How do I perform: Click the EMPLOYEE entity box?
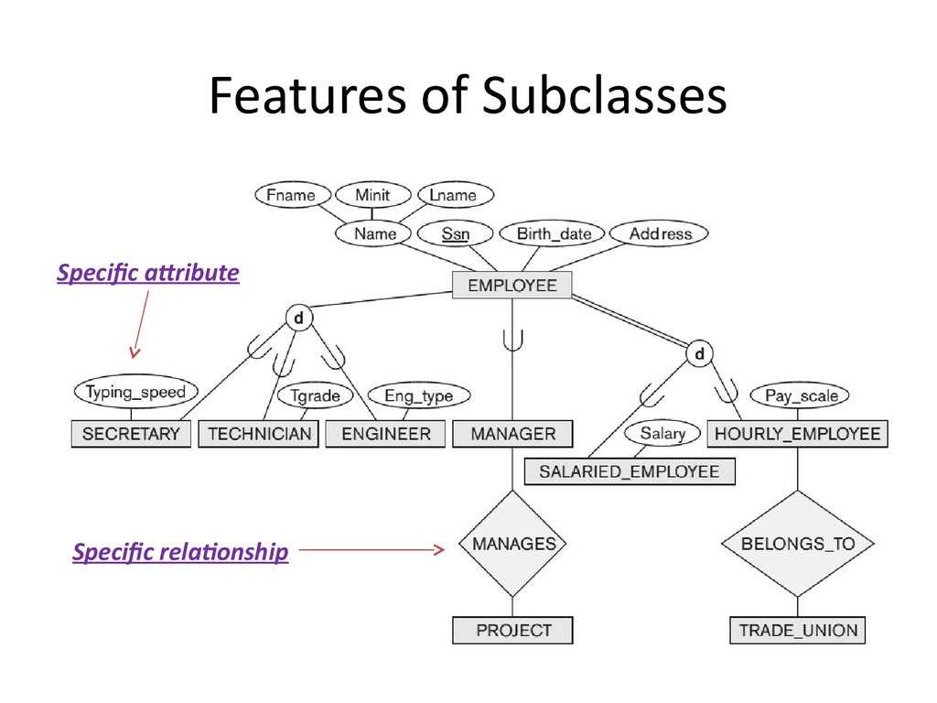pyautogui.click(x=512, y=286)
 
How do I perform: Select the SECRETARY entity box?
pyautogui.click(x=131, y=434)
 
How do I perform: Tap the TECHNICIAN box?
pyautogui.click(x=260, y=434)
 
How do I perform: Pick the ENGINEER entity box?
pyautogui.click(x=385, y=434)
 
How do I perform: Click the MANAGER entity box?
pyautogui.click(x=512, y=434)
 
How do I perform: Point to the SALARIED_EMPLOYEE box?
pyautogui.click(x=629, y=472)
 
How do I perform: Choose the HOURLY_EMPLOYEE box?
pyautogui.click(x=796, y=434)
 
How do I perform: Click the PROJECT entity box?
pyautogui.click(x=512, y=630)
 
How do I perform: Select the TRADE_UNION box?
pyautogui.click(x=797, y=630)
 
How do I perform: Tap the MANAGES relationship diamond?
pyautogui.click(x=512, y=544)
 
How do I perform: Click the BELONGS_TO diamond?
pyautogui.click(x=797, y=544)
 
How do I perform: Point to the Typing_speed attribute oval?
pyautogui.click(x=135, y=393)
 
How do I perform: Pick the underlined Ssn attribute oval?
pyautogui.click(x=455, y=234)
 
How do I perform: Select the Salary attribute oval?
pyautogui.click(x=662, y=433)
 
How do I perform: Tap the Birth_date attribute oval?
pyautogui.click(x=554, y=234)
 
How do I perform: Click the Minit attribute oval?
pyautogui.click(x=372, y=195)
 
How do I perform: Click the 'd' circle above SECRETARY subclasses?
pyautogui.click(x=298, y=318)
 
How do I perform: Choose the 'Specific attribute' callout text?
pyautogui.click(x=148, y=273)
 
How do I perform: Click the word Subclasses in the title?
pyautogui.click(x=605, y=96)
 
